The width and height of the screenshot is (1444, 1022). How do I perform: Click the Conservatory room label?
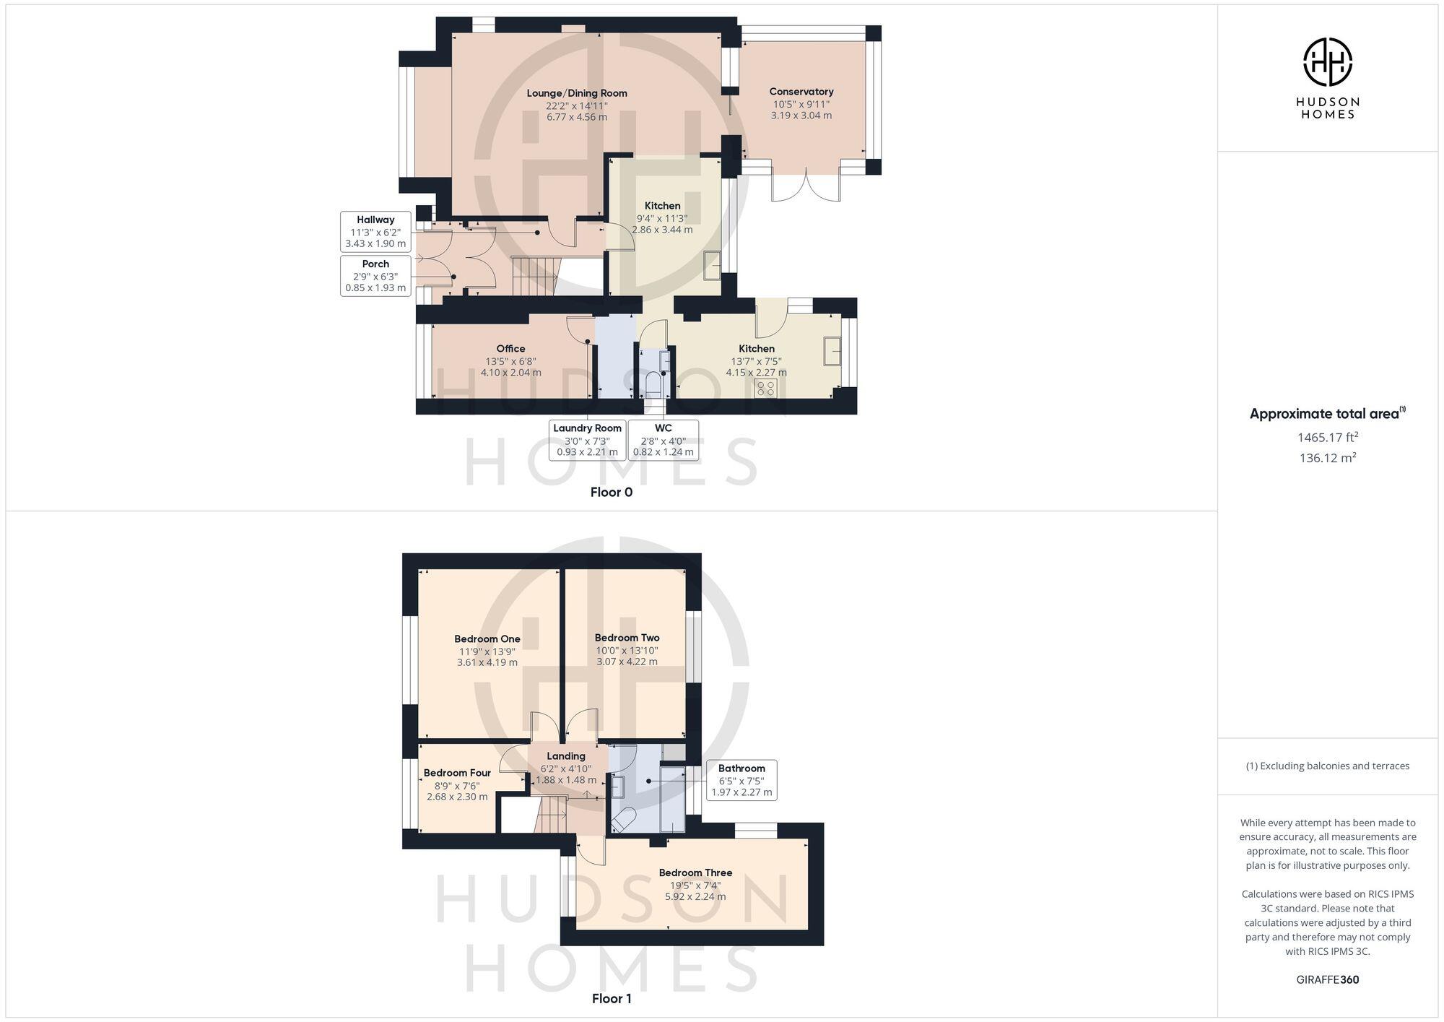point(801,92)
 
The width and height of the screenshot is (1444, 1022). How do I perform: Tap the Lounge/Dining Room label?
point(576,93)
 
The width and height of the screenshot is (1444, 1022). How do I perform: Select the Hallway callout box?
point(375,231)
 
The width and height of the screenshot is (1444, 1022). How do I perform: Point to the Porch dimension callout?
point(375,275)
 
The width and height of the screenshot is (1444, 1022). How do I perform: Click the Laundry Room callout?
point(587,440)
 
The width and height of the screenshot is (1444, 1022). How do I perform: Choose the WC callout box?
point(663,440)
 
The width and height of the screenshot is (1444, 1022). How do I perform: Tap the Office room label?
point(510,349)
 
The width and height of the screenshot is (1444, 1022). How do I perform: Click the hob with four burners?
point(765,389)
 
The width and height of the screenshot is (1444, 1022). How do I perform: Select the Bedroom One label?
point(487,638)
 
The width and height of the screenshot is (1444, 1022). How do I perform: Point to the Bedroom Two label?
point(627,638)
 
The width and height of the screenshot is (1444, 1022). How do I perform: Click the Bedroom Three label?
point(695,872)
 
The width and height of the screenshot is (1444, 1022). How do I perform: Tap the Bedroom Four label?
point(457,773)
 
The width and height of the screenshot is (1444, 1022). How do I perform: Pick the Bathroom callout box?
point(741,780)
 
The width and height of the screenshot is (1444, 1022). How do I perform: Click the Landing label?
point(566,756)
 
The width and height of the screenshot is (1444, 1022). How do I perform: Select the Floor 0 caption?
point(611,493)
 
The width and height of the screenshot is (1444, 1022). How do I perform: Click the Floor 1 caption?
point(612,999)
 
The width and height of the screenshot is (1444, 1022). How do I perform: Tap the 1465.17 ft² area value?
point(1327,437)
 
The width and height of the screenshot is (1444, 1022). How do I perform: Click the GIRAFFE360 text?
point(1327,980)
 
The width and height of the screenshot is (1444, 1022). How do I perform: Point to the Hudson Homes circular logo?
point(1327,62)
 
